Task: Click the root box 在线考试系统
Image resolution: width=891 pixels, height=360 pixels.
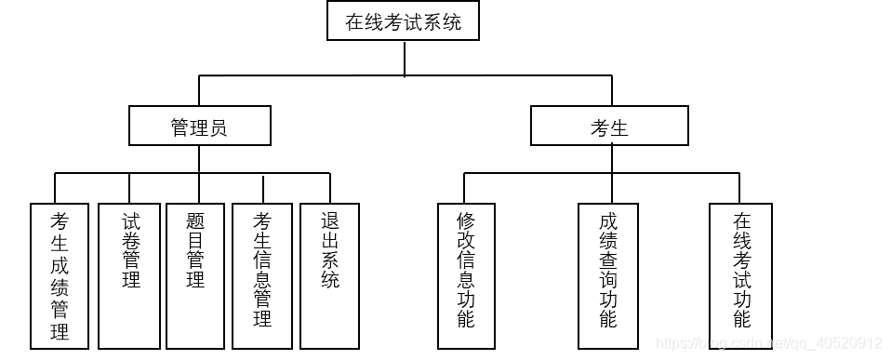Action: click(403, 21)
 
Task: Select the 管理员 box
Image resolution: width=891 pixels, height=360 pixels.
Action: click(199, 127)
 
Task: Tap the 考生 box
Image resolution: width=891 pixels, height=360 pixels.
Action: click(609, 127)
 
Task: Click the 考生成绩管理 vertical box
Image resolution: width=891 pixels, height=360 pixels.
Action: click(60, 276)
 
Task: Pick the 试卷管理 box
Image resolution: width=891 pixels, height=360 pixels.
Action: click(130, 276)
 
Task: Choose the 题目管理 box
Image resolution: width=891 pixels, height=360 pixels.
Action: click(195, 276)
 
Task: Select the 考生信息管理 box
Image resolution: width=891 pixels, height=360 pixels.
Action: click(262, 276)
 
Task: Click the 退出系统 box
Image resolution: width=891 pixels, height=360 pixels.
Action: click(329, 276)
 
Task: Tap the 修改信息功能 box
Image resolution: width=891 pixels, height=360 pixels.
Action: click(466, 276)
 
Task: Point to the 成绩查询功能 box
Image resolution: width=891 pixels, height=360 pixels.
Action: click(608, 276)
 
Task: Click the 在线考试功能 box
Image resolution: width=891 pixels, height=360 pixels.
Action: click(740, 276)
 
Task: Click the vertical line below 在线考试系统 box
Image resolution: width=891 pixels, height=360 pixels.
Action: click(405, 58)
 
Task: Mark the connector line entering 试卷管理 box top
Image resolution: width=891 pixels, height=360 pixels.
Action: click(130, 188)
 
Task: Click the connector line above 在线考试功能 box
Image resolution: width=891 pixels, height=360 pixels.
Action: click(741, 188)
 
